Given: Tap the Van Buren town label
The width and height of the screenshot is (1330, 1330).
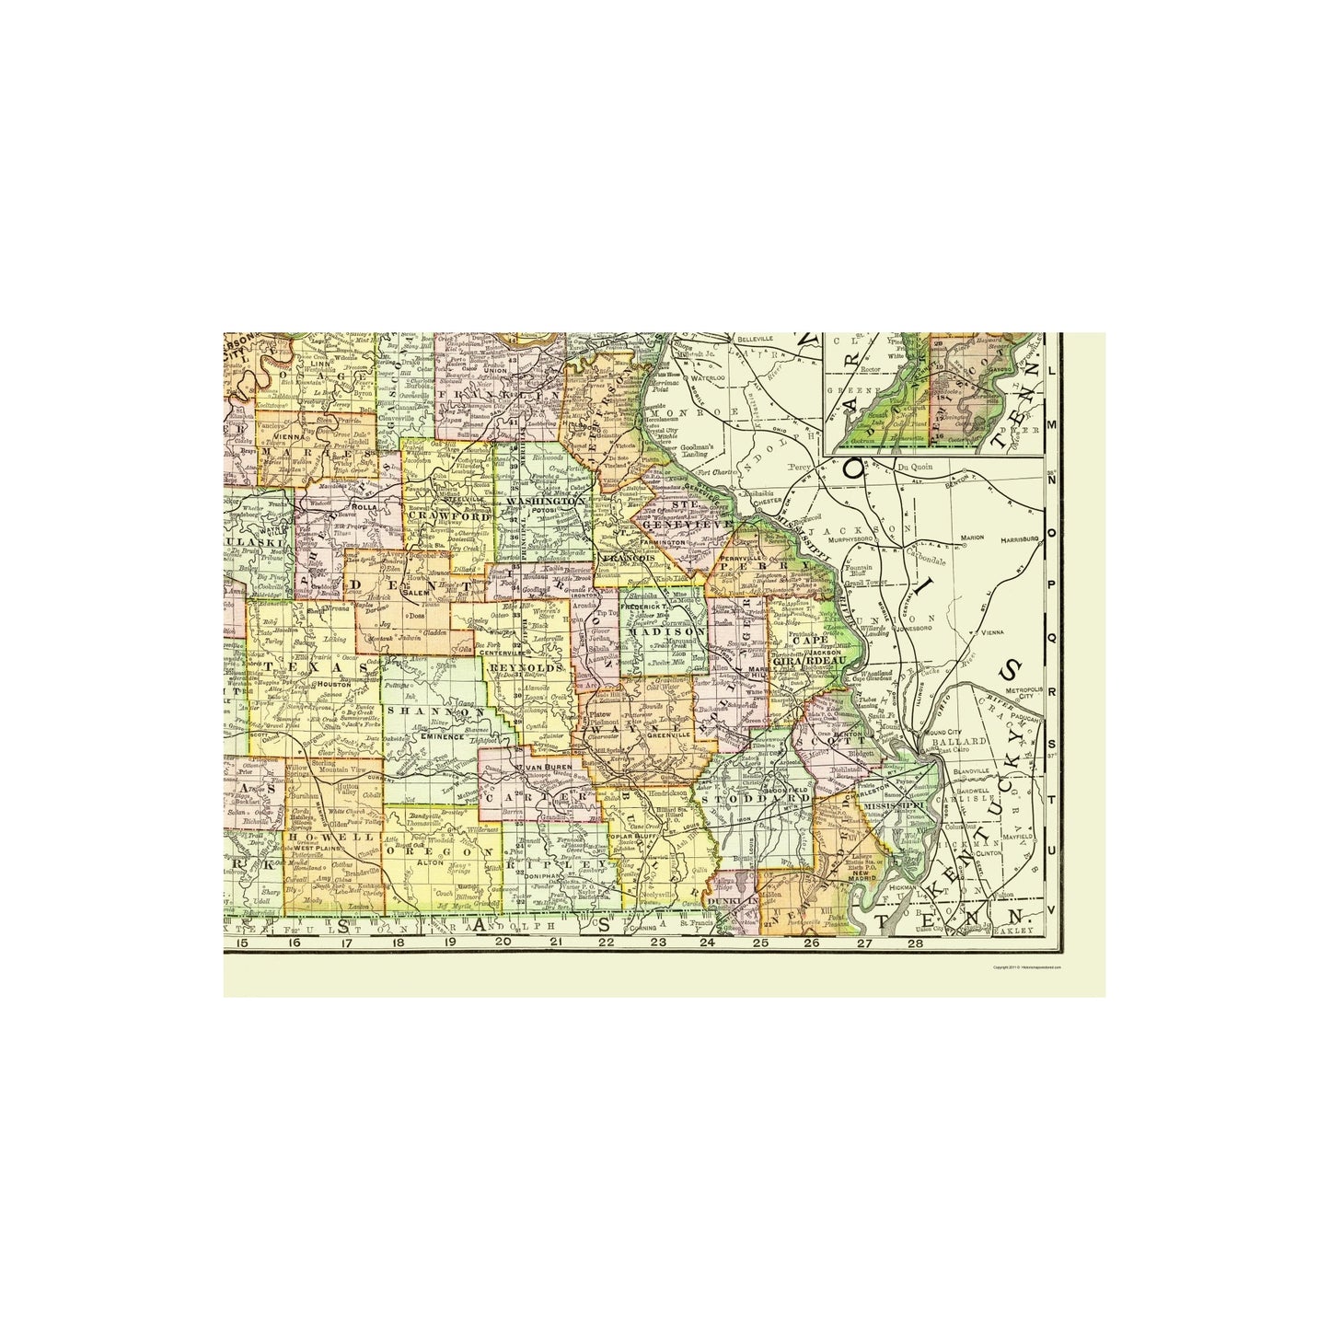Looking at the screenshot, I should click(541, 766).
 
